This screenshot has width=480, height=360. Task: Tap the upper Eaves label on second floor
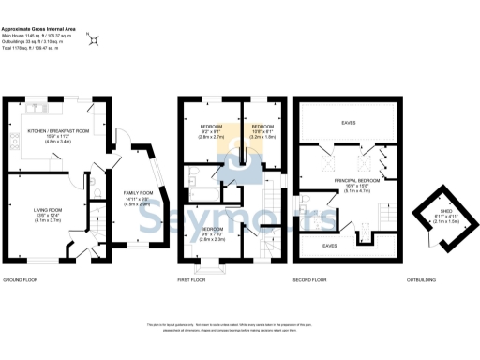pos(348,121)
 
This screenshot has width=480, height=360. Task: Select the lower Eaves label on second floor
pos(329,245)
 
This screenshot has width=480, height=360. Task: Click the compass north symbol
pos(94,38)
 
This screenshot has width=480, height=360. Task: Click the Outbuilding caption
pos(422,280)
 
